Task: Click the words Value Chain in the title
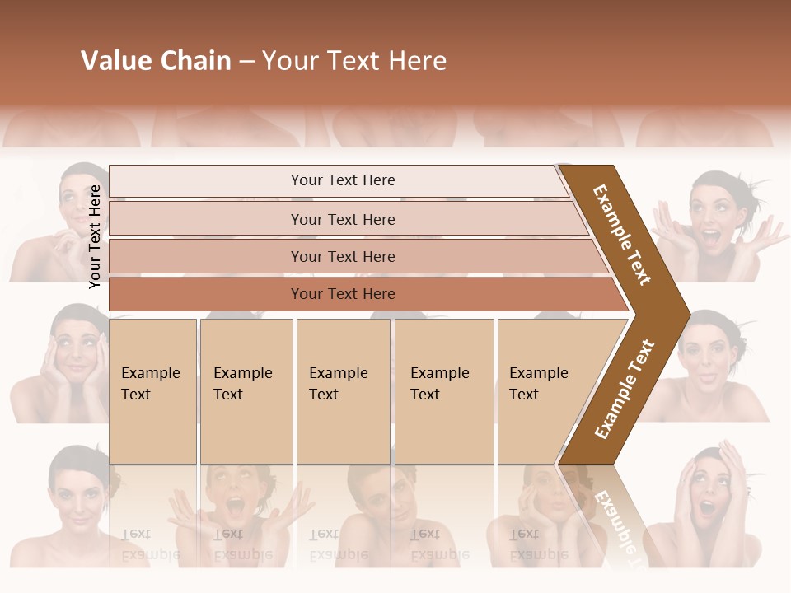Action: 156,61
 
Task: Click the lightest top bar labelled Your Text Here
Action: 342,180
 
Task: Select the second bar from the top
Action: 342,219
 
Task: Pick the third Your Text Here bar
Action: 342,256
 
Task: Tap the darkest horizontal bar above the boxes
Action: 342,294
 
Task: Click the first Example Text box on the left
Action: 152,390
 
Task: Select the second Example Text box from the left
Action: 246,390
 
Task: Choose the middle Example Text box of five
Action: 343,390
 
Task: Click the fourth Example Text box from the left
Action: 443,390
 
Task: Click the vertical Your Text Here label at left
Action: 95,236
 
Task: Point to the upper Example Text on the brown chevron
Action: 622,235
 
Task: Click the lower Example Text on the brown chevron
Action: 625,389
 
